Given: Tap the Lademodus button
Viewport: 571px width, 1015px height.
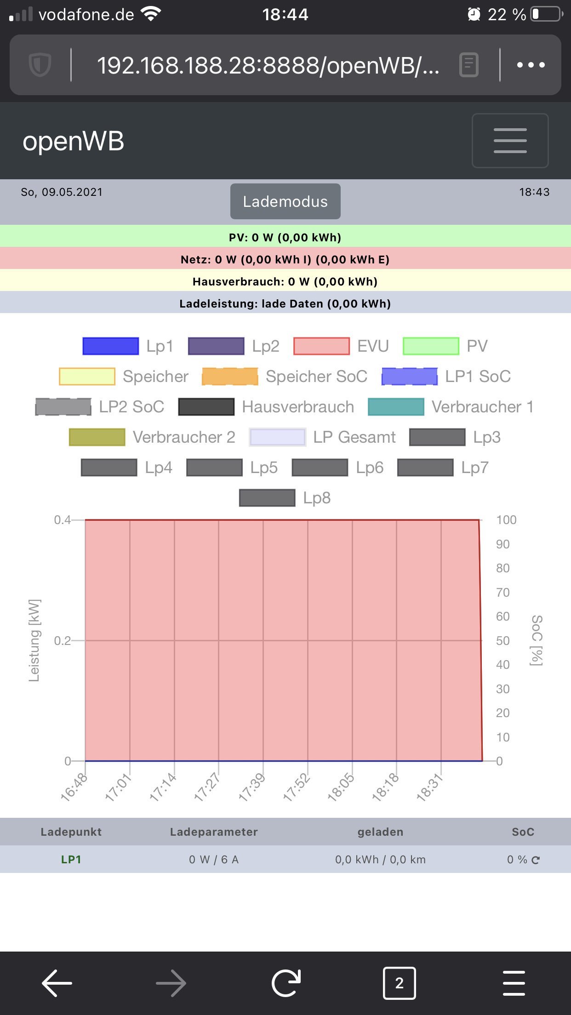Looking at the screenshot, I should click(285, 201).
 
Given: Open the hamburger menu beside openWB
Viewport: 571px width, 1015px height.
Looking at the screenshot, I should click(510, 141).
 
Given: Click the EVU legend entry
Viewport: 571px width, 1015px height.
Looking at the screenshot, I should click(341, 346).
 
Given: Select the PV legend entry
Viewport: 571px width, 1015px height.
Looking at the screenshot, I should click(445, 346).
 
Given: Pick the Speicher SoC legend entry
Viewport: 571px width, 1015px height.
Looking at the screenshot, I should click(285, 376).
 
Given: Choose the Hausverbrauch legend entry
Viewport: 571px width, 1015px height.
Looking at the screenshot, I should click(266, 407).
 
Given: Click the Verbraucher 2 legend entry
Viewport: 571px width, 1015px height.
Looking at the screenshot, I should click(152, 437).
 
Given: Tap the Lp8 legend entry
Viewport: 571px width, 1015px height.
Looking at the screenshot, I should click(285, 498).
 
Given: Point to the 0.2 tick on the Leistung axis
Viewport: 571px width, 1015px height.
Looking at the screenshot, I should click(62, 640).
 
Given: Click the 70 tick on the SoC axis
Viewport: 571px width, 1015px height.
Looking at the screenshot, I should click(502, 593).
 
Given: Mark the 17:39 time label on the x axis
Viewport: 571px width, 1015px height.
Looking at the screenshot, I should click(252, 787).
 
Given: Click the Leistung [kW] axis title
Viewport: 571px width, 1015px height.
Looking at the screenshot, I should click(34, 640).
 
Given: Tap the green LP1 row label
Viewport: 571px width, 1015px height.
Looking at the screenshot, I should click(71, 860).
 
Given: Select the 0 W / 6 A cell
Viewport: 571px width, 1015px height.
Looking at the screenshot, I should click(214, 860).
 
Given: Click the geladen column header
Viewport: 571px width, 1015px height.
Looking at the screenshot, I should click(380, 832).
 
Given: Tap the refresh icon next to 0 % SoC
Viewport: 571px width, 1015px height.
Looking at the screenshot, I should click(536, 860).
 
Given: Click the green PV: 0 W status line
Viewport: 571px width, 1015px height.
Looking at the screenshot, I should click(285, 237).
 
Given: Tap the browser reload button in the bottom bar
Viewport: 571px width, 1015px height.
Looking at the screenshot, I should click(285, 983).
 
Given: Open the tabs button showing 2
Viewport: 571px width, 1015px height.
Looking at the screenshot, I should click(399, 983).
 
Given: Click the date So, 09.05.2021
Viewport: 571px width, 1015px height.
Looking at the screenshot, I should click(62, 192).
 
